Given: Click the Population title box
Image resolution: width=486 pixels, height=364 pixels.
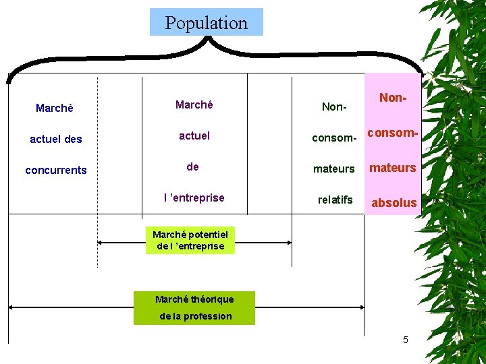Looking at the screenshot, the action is click(x=206, y=22).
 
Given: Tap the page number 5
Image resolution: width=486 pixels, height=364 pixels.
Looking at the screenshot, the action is click(x=405, y=340).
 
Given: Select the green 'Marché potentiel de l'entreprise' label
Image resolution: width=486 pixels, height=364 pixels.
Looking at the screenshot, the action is click(x=190, y=240).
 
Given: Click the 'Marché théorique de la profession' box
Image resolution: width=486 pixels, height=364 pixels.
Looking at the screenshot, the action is click(x=194, y=307).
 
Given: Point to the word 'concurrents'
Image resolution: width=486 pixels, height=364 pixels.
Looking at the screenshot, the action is click(x=56, y=170).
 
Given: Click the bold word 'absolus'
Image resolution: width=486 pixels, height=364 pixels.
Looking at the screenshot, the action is click(x=394, y=202).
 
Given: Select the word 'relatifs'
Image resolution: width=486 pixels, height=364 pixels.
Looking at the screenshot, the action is click(x=335, y=200).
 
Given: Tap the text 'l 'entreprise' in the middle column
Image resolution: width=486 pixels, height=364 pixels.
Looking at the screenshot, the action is click(x=194, y=198).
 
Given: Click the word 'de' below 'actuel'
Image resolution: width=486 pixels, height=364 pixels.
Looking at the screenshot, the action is click(x=193, y=166).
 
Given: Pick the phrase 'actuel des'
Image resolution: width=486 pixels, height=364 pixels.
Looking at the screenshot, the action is click(x=56, y=139).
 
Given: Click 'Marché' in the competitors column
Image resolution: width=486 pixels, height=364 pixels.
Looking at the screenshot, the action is click(x=55, y=108).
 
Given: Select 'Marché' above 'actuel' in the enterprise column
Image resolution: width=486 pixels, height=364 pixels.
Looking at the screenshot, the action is click(x=194, y=104).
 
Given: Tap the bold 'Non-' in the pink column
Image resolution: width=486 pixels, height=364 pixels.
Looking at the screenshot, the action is click(x=393, y=98).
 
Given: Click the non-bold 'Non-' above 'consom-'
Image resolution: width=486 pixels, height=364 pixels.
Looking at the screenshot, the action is click(x=334, y=107).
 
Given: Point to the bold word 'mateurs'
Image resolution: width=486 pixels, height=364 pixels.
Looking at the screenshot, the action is click(x=393, y=167).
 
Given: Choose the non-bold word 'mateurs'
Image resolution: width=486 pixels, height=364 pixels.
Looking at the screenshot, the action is click(x=333, y=169).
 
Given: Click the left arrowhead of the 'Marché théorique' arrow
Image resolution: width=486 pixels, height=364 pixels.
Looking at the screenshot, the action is click(x=11, y=307).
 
